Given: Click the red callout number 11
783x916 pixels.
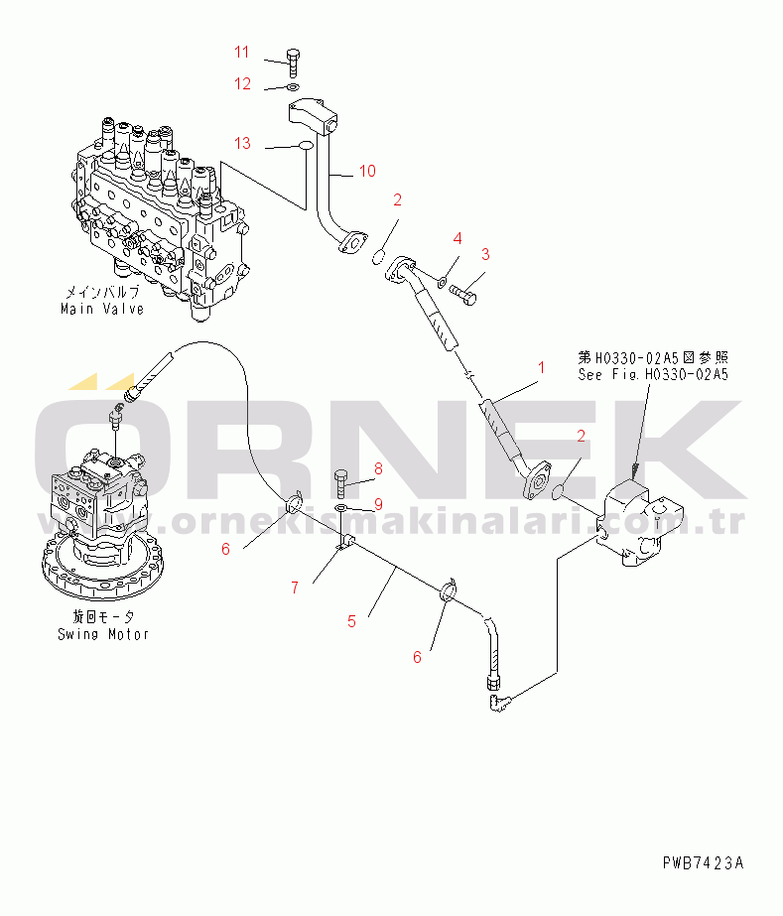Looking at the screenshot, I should [243, 52].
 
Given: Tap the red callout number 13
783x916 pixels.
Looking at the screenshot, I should [243, 143].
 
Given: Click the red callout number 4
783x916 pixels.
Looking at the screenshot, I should [457, 238].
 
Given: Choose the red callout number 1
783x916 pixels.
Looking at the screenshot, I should [542, 368].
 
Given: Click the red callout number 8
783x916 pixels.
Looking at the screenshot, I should [378, 467].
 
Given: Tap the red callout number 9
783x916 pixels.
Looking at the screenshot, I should [378, 504].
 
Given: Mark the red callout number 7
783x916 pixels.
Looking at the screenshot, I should [294, 588].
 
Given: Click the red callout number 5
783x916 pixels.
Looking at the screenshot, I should [351, 622].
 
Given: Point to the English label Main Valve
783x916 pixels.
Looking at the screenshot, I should [100, 309].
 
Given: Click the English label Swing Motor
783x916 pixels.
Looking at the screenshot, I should [102, 634].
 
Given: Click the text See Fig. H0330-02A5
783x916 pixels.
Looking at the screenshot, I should [654, 374].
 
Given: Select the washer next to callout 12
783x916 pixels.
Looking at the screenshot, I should [292, 87].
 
